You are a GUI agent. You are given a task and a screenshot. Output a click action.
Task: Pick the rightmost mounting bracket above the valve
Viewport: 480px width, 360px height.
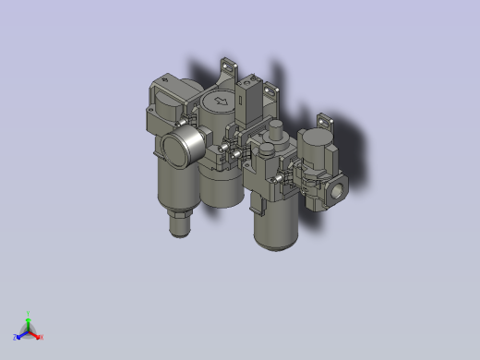(x=323, y=122)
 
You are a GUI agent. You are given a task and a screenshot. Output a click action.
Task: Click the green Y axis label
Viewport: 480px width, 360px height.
(x=30, y=313)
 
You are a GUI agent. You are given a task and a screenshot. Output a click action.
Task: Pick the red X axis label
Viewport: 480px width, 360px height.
(x=42, y=337)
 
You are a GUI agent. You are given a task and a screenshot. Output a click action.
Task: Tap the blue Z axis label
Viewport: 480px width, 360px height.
(x=16, y=337)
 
